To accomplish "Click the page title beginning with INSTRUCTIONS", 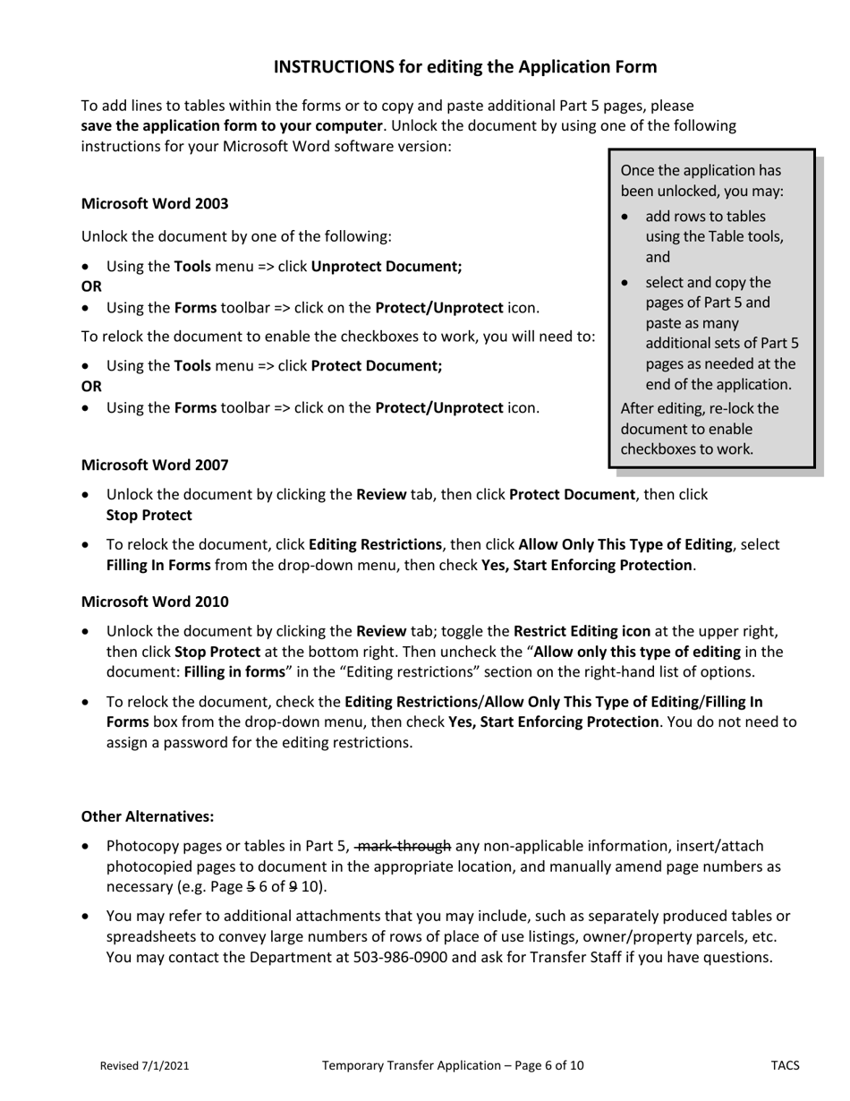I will click(464, 67).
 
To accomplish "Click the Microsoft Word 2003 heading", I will click(155, 203).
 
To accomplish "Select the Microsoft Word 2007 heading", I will click(155, 465).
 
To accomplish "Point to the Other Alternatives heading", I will click(148, 816).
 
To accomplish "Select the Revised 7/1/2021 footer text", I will click(144, 1065).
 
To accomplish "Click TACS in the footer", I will click(785, 1065).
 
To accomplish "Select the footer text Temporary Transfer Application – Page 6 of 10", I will click(453, 1065).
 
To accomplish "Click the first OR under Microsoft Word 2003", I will click(91, 286).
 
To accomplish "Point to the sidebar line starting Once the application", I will click(701, 170).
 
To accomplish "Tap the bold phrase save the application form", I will click(232, 125).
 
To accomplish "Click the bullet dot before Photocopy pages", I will click(86, 847).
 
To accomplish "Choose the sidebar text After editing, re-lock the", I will click(700, 408).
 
